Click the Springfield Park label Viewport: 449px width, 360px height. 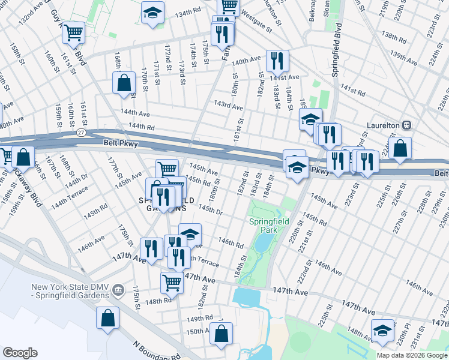(x=269, y=226)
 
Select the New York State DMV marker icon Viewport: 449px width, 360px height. (x=119, y=290)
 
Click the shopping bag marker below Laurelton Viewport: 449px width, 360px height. (x=400, y=148)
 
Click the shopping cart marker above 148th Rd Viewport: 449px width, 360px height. (x=172, y=281)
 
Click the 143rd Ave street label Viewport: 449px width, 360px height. (x=229, y=106)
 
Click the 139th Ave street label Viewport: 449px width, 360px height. (x=403, y=58)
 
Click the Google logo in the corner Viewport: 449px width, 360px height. (x=20, y=353)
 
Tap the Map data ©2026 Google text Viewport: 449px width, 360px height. (x=411, y=355)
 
